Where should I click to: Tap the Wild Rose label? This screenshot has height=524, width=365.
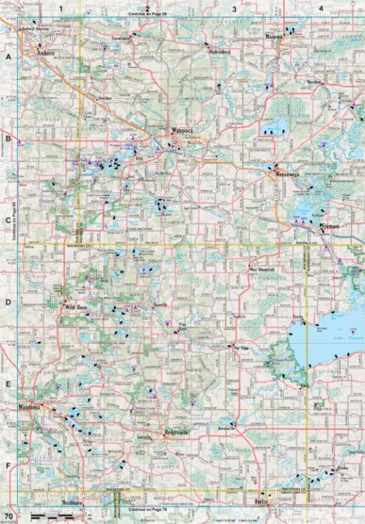pos(75,307)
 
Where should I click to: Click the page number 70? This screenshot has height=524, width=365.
pos(8,517)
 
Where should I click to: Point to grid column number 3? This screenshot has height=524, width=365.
pos(234,8)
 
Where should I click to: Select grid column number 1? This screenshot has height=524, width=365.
pos(60,8)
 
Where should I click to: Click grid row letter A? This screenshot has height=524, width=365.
pos(8,57)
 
